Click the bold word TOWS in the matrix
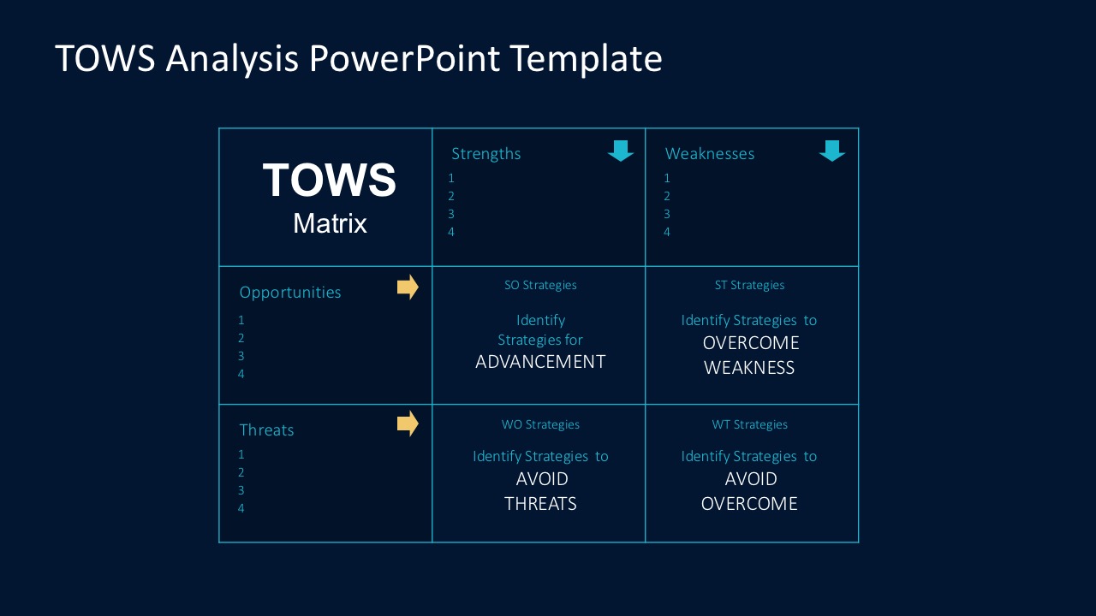[330, 180]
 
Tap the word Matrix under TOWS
[330, 223]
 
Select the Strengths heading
[485, 154]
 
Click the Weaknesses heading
[710, 153]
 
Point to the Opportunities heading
[290, 293]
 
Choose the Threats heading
[266, 430]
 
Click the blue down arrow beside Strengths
[621, 151]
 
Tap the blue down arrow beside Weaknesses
[831, 151]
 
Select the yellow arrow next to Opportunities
[408, 287]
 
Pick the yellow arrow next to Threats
[408, 423]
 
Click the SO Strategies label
[540, 285]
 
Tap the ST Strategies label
[749, 285]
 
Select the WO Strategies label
[540, 424]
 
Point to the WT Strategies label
[749, 424]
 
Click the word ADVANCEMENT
[540, 362]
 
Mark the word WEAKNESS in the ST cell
[749, 368]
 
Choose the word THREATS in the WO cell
[540, 504]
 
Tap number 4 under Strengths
[451, 232]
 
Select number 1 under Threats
[241, 454]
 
